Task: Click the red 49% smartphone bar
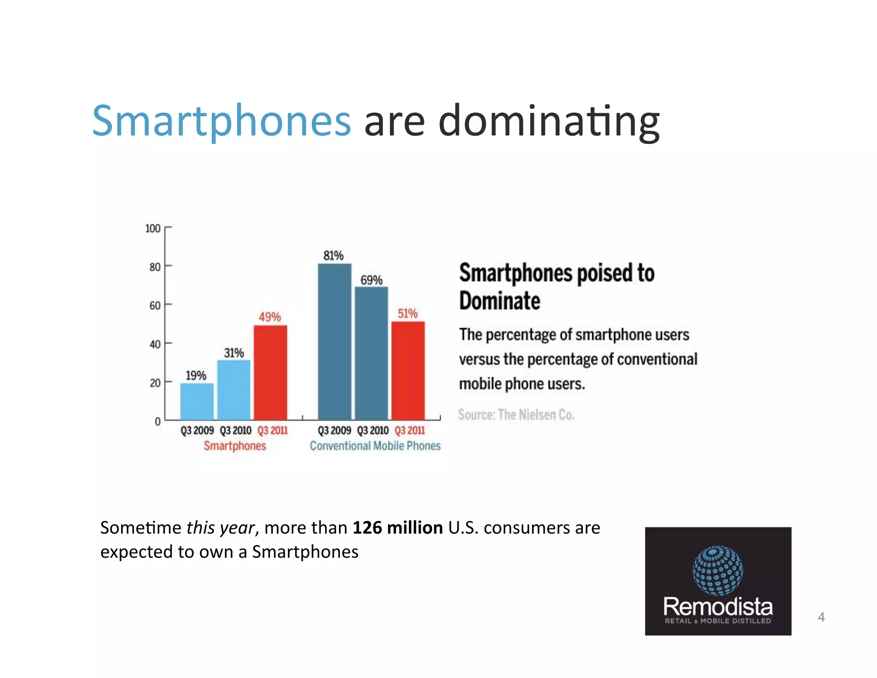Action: [x=270, y=372]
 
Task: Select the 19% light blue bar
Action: [x=197, y=402]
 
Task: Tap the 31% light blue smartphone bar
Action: [x=233, y=390]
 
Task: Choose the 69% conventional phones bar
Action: [x=371, y=353]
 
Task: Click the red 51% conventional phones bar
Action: [x=408, y=370]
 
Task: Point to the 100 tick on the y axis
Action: [x=153, y=228]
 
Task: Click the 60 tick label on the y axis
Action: [x=155, y=306]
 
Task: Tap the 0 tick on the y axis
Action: [x=158, y=422]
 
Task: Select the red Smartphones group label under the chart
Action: [x=235, y=446]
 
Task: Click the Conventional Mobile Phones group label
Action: [x=375, y=446]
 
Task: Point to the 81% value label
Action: [x=333, y=256]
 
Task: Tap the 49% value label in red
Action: [x=270, y=317]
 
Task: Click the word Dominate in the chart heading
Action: [x=499, y=300]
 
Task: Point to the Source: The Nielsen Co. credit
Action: [x=516, y=414]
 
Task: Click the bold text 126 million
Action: [x=397, y=528]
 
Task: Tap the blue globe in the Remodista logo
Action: [x=718, y=570]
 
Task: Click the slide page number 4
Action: [x=821, y=617]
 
